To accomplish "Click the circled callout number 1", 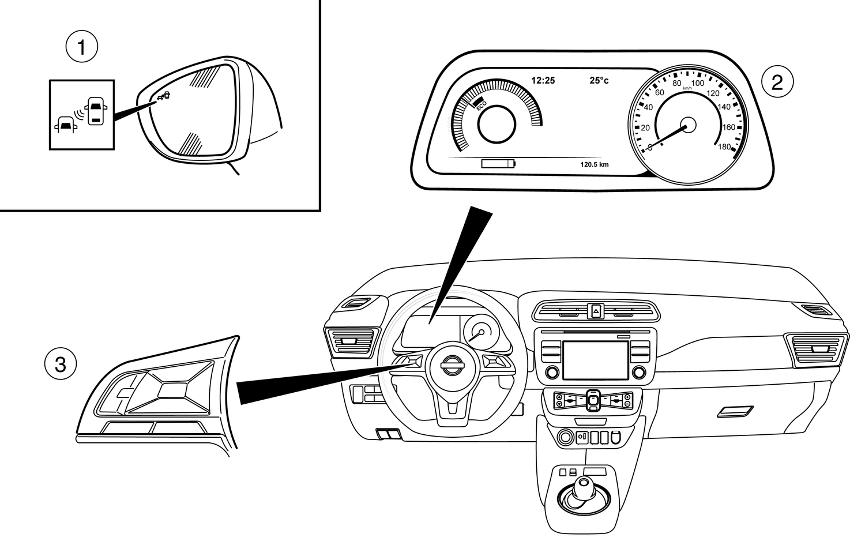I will click(x=81, y=47).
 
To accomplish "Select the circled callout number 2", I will click(x=777, y=82).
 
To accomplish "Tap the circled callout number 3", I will click(x=60, y=364).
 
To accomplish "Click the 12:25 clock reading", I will click(x=543, y=81).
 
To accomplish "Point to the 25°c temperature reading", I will click(x=599, y=81).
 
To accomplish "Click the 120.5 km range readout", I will click(x=594, y=164).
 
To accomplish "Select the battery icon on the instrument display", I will click(x=499, y=164).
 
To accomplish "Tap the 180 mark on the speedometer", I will click(x=724, y=146).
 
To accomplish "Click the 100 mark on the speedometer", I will click(x=697, y=83).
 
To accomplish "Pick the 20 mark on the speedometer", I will click(x=645, y=127).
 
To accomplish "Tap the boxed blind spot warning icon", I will click(x=82, y=115).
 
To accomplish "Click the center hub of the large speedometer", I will click(x=687, y=125).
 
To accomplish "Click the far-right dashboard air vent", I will click(x=817, y=349).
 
